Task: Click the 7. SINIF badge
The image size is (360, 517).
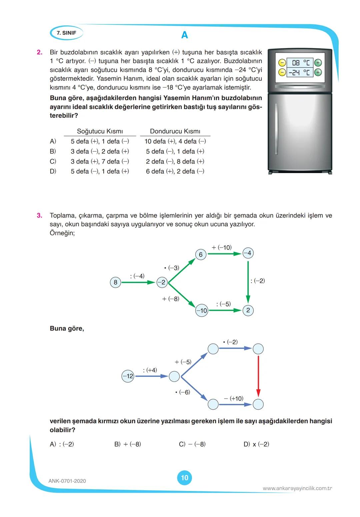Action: (x=66, y=33)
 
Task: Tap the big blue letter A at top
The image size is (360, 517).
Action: (x=184, y=35)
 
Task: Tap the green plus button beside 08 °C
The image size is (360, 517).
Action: (x=318, y=63)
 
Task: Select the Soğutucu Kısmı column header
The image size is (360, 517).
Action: (x=100, y=131)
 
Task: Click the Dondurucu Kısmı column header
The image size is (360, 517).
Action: (x=175, y=131)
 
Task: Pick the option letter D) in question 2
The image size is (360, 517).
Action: (x=53, y=171)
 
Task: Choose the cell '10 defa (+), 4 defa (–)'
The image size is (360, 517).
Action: (x=175, y=141)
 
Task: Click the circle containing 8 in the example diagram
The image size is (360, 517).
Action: (x=115, y=283)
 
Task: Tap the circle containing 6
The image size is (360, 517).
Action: (x=201, y=254)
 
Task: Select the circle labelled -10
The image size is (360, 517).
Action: (x=202, y=311)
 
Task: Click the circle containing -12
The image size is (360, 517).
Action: (x=128, y=376)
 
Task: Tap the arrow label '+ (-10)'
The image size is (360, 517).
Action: (x=222, y=247)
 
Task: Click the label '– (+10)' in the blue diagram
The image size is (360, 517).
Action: (x=234, y=398)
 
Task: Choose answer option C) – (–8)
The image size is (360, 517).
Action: (x=192, y=444)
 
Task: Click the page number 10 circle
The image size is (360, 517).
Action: (x=184, y=478)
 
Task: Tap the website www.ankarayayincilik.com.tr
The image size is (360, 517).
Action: (x=297, y=488)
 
